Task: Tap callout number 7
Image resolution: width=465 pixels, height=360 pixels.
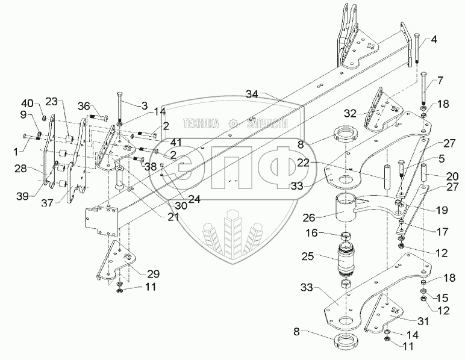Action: (x=440, y=80)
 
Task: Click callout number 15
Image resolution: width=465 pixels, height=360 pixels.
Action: (x=443, y=297)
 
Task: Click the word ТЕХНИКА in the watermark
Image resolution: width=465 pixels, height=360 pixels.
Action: (x=202, y=123)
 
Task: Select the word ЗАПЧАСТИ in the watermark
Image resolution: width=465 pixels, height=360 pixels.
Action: (x=266, y=123)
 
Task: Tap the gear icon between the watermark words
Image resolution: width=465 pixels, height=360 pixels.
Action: (x=233, y=123)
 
